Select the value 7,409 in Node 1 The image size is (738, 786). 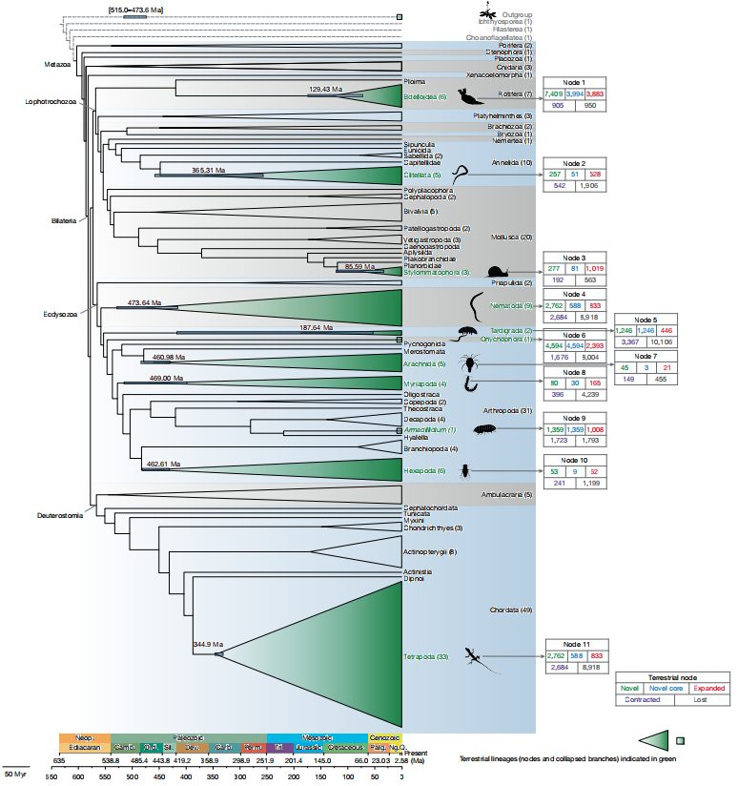(554, 93)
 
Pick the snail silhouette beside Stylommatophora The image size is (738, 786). (499, 273)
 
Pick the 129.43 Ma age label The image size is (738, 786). (326, 89)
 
